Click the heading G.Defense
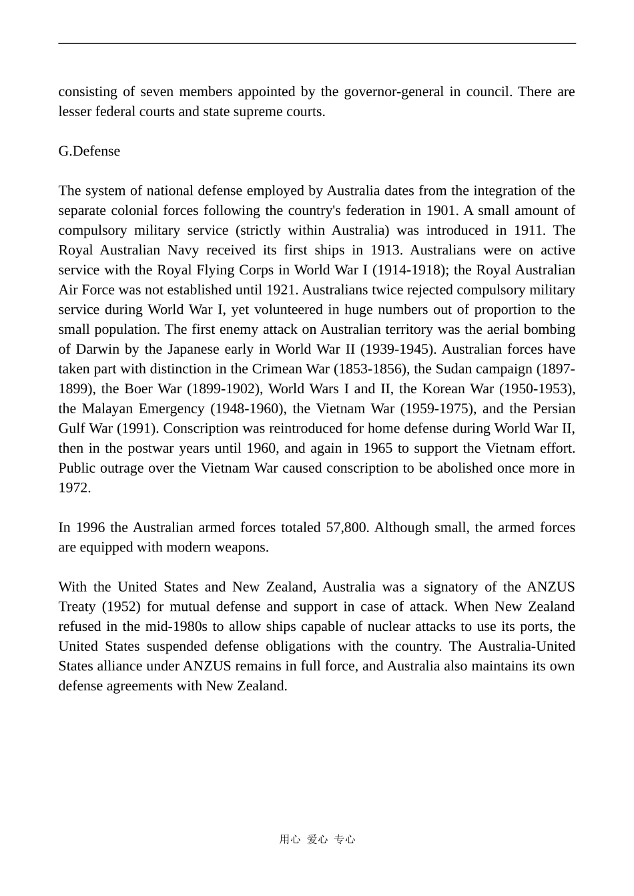click(x=89, y=151)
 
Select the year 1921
click(x=282, y=290)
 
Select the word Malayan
click(x=110, y=409)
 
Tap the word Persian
click(x=549, y=409)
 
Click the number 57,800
click(x=346, y=527)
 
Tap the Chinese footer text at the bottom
click(x=317, y=839)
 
